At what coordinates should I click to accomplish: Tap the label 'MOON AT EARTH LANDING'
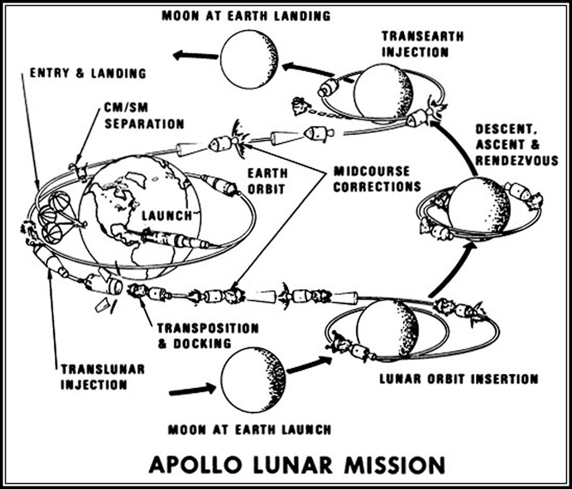click(x=245, y=15)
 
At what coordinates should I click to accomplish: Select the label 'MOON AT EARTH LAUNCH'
click(x=249, y=429)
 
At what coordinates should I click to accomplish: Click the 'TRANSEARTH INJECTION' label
click(x=415, y=44)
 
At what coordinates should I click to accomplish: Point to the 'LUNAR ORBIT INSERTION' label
click(x=459, y=379)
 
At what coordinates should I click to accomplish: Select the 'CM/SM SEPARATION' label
click(x=144, y=116)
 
